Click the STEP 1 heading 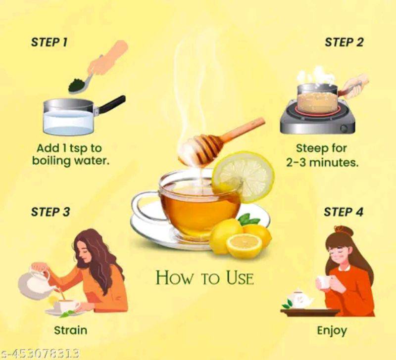tap(49, 42)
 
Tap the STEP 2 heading tap(344, 42)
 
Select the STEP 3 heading tap(50, 212)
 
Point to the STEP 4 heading tap(344, 212)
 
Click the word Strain tap(71, 330)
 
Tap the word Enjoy tap(332, 331)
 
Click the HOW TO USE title tap(204, 277)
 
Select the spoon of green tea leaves tap(81, 83)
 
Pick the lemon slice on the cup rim tap(243, 177)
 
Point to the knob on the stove tap(344, 128)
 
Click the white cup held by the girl tap(323, 282)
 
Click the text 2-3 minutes tap(322, 163)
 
